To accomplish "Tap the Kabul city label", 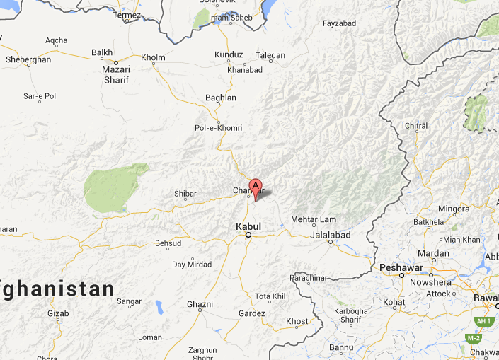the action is tap(248, 226).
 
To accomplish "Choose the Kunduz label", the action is tap(229, 55).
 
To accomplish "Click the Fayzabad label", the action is tap(339, 23).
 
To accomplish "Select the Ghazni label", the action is tap(200, 304).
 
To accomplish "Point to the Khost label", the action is tap(297, 321).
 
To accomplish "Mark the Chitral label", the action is tap(416, 125).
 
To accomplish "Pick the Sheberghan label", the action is tap(28, 59).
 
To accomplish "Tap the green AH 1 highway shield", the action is tap(484, 321).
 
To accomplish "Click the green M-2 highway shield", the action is tap(474, 338).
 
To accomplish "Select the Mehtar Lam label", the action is tap(314, 219).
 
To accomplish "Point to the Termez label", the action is tap(127, 15).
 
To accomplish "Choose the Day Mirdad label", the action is tap(192, 265).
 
